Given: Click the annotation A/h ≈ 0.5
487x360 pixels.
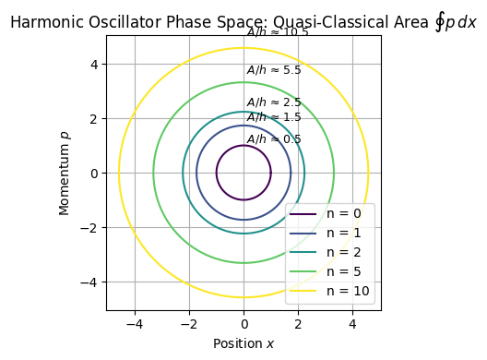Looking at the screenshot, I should point(274,139).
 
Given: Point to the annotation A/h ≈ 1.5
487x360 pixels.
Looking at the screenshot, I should point(274,117).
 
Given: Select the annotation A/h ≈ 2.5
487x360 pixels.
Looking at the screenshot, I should point(274,102).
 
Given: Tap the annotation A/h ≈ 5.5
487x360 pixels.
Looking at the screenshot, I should point(274,70).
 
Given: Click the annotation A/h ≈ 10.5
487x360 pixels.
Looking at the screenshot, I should point(278,32).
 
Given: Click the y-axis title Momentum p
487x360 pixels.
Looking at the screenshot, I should point(65,173).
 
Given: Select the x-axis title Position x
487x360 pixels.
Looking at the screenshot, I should point(243,343).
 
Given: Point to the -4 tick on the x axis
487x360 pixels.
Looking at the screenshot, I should point(135,325).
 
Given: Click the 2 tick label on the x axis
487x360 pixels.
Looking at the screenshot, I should point(298,325).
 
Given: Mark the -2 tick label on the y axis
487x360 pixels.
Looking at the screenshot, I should point(90,227).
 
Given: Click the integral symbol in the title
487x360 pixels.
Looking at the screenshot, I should point(440,20).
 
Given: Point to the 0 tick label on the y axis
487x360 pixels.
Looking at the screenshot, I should point(94,173).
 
